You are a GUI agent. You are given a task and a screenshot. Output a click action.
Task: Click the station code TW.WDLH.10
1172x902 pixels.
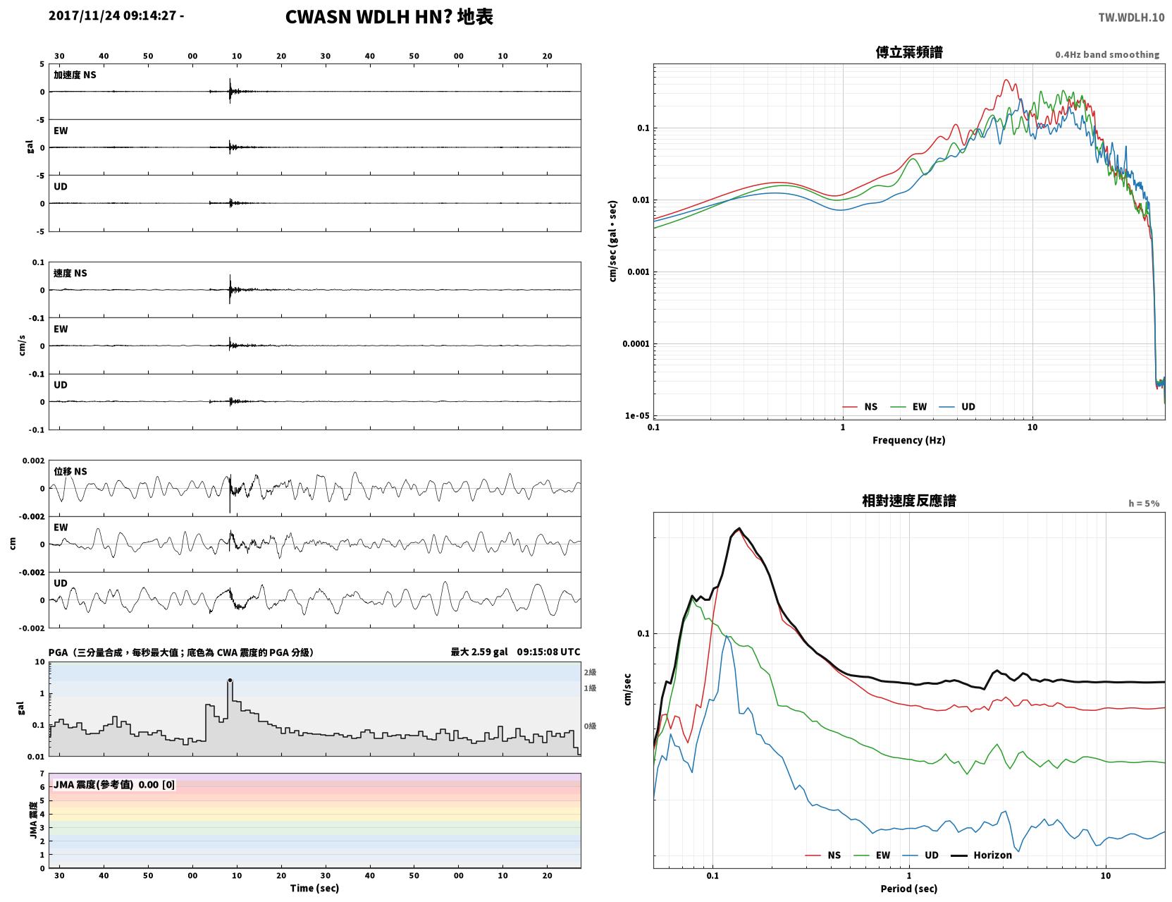[1131, 17]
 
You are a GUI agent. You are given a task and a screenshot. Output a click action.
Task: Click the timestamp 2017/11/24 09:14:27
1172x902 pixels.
[112, 16]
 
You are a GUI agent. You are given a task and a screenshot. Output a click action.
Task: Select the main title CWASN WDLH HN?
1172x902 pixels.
[368, 17]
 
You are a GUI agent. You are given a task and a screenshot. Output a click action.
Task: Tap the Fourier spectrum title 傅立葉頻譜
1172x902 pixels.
[909, 52]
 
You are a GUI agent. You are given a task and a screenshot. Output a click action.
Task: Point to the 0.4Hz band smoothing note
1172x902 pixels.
[1106, 54]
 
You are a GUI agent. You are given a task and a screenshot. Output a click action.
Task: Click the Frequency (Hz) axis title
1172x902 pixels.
[908, 440]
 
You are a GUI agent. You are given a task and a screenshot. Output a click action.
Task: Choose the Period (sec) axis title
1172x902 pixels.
[908, 889]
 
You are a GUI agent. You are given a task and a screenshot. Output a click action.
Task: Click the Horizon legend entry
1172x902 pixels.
[981, 855]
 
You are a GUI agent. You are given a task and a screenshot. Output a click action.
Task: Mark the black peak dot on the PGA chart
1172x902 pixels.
[230, 681]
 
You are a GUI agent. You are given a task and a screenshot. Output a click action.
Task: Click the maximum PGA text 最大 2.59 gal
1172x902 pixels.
[479, 652]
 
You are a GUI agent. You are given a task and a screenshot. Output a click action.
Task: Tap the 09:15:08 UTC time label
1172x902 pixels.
[548, 652]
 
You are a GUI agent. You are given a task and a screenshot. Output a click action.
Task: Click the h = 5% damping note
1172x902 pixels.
[1143, 504]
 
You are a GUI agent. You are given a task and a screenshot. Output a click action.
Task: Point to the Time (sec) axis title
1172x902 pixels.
[314, 888]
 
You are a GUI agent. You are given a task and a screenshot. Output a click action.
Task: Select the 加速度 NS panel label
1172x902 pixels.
[75, 75]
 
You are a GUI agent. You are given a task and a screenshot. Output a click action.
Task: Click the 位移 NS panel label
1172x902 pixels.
[70, 472]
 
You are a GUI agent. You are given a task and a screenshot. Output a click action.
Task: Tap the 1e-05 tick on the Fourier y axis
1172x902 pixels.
[637, 415]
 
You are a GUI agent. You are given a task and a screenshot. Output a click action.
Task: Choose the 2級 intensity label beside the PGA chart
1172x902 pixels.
[590, 672]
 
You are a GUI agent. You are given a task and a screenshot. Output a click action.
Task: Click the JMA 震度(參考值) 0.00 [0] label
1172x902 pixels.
[113, 784]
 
